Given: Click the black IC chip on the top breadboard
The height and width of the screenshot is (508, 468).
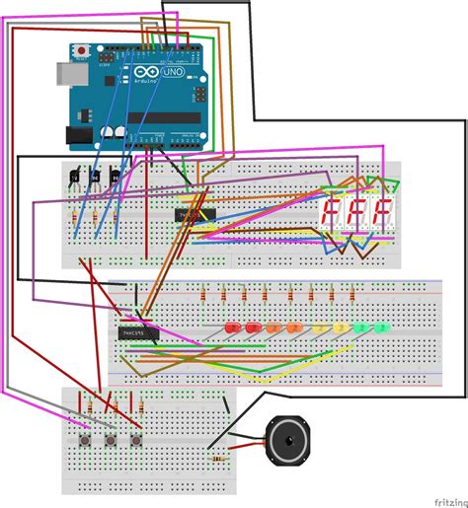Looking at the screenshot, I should [195, 214].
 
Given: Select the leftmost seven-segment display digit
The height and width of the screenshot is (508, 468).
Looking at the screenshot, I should [333, 212].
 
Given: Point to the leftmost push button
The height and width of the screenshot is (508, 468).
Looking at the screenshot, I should [86, 439].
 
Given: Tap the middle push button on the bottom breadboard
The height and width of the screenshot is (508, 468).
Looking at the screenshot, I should [111, 439].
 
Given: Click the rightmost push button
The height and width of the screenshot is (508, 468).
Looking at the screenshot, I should [135, 439].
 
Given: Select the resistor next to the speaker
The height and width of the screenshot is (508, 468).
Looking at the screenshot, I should [220, 455].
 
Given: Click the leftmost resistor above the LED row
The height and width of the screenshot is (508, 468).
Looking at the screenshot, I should [204, 294].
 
